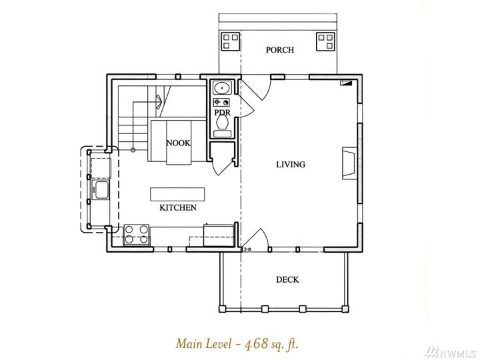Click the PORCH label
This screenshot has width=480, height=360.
point(279,50)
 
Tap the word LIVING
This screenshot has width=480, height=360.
point(291,164)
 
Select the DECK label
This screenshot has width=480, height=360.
point(287,279)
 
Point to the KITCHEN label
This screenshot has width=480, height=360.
point(177,208)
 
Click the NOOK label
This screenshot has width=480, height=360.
point(177,143)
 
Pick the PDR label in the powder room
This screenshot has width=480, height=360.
point(222,113)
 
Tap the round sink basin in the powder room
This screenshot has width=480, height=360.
point(221,88)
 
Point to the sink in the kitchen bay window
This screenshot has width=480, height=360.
point(101,191)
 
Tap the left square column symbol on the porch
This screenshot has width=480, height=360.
point(231,42)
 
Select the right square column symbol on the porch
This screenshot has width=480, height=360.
point(326,42)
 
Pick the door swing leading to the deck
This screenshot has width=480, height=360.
point(255,238)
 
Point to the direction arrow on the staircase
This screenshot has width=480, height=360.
point(159,101)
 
